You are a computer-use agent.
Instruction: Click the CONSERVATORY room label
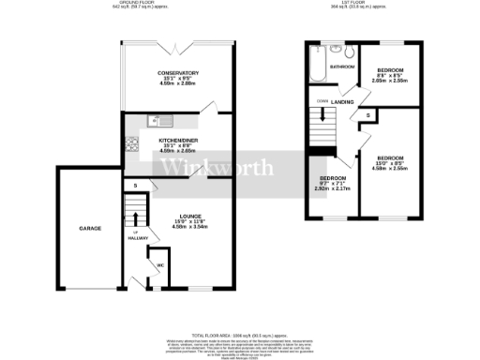(177, 74)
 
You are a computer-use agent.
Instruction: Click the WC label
(159, 264)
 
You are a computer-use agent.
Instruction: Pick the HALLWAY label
(138, 238)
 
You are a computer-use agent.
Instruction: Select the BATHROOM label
(340, 67)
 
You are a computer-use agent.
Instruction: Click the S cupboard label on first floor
(368, 116)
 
